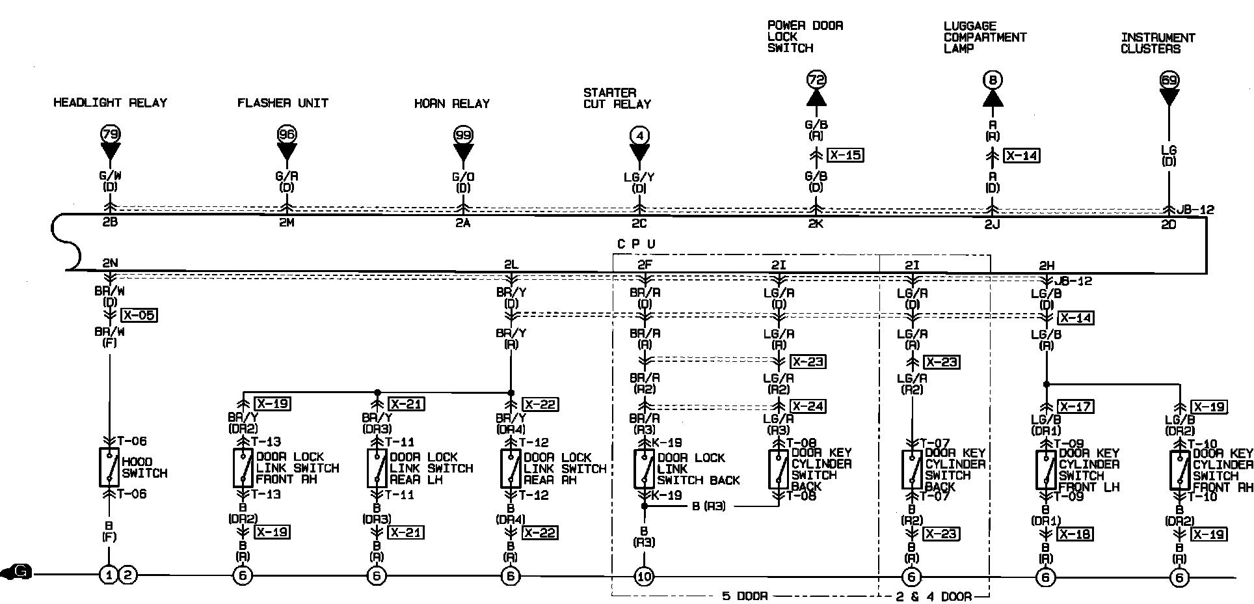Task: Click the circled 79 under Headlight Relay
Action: click(x=110, y=135)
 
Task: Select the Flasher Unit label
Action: click(x=282, y=103)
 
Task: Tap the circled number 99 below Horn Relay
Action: click(x=462, y=135)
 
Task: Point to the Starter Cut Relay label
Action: click(x=617, y=98)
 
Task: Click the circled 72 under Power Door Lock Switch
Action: click(x=816, y=80)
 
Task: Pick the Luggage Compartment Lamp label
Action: click(x=984, y=37)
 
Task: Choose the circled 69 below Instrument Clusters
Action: click(x=1169, y=81)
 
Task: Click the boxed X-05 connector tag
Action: click(x=139, y=316)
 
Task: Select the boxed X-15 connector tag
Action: click(x=846, y=155)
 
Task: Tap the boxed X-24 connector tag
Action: click(x=808, y=406)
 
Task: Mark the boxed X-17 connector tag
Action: click(x=1075, y=406)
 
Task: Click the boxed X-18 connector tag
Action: click(x=1075, y=534)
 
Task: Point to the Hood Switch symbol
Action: click(x=109, y=467)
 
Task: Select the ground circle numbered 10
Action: click(x=644, y=576)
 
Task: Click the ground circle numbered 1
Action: click(x=107, y=575)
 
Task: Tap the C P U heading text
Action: click(x=635, y=243)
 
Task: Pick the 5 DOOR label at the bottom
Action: click(x=745, y=596)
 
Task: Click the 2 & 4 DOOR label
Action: click(x=933, y=596)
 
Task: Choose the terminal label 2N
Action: click(x=109, y=263)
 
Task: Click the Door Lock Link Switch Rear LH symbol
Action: click(x=377, y=468)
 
